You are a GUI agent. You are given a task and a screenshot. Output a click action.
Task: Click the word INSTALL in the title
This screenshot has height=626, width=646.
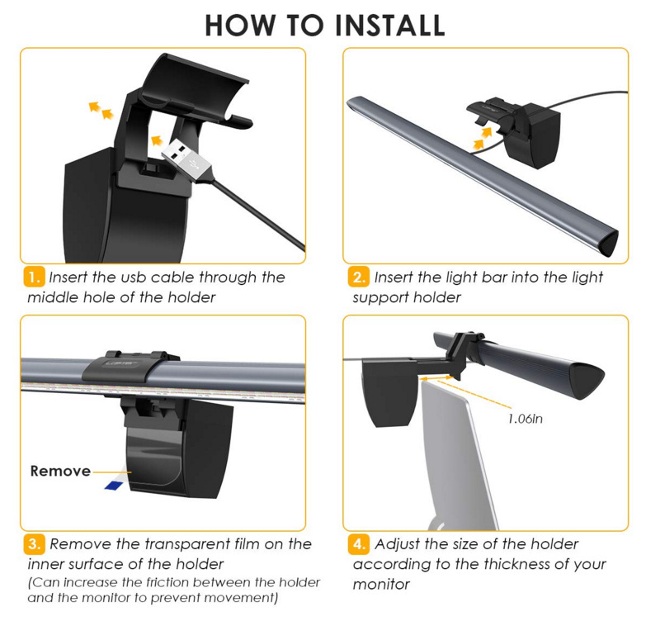(389, 25)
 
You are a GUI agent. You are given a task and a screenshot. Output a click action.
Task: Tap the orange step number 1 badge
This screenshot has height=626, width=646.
(34, 277)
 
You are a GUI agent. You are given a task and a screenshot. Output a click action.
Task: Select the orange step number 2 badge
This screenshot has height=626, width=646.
(358, 277)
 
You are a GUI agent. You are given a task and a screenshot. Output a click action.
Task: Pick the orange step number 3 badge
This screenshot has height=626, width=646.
(34, 544)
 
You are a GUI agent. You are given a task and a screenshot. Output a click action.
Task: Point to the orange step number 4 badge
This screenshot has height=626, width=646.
(358, 544)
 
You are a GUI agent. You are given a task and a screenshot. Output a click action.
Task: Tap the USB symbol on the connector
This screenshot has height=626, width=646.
(193, 162)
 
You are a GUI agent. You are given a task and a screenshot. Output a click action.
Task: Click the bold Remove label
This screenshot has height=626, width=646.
(60, 471)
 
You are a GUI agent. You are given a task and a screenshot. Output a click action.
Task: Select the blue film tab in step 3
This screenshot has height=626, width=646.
(114, 486)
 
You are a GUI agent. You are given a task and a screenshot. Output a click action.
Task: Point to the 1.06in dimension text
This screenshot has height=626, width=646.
(526, 419)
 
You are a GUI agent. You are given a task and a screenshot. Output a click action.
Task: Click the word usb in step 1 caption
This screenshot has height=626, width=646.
(134, 277)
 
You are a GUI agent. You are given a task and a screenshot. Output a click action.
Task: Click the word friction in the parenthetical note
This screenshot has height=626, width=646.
(168, 582)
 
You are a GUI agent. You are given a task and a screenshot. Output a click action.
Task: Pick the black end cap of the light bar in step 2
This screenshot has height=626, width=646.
(608, 244)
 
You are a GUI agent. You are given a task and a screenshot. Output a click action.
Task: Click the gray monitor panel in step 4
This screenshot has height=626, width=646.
(457, 453)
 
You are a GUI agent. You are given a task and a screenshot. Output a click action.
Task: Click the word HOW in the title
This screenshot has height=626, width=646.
(240, 25)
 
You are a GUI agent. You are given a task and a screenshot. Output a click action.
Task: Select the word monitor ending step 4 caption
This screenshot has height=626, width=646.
(381, 585)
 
